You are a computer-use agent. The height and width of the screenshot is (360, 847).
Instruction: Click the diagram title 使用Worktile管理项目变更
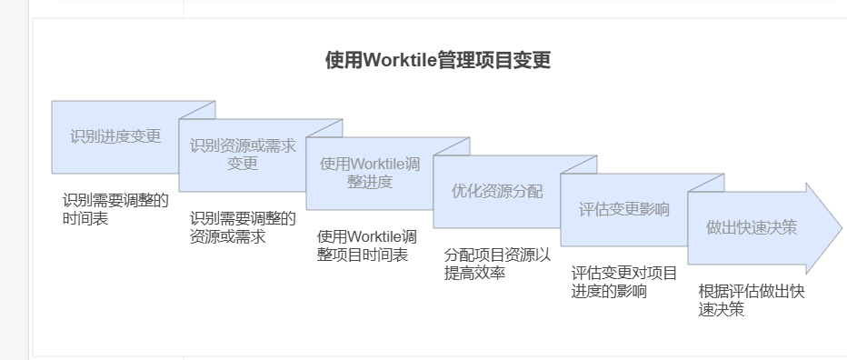[438, 61]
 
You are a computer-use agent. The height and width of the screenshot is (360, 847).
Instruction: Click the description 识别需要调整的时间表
[115, 209]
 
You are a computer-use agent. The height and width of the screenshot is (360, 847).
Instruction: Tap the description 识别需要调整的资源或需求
[243, 227]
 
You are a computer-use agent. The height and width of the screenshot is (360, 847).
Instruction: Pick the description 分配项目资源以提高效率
[497, 264]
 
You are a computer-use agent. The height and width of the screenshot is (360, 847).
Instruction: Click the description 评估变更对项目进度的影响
[624, 282]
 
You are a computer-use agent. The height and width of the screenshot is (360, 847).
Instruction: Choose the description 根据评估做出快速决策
[752, 300]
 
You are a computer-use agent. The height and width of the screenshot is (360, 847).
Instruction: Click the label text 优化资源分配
[497, 191]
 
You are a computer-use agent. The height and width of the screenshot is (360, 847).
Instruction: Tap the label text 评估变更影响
[624, 209]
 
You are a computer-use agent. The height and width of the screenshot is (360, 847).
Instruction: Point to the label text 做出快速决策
[752, 227]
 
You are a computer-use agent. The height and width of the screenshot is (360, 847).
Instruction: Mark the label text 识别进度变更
[115, 136]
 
